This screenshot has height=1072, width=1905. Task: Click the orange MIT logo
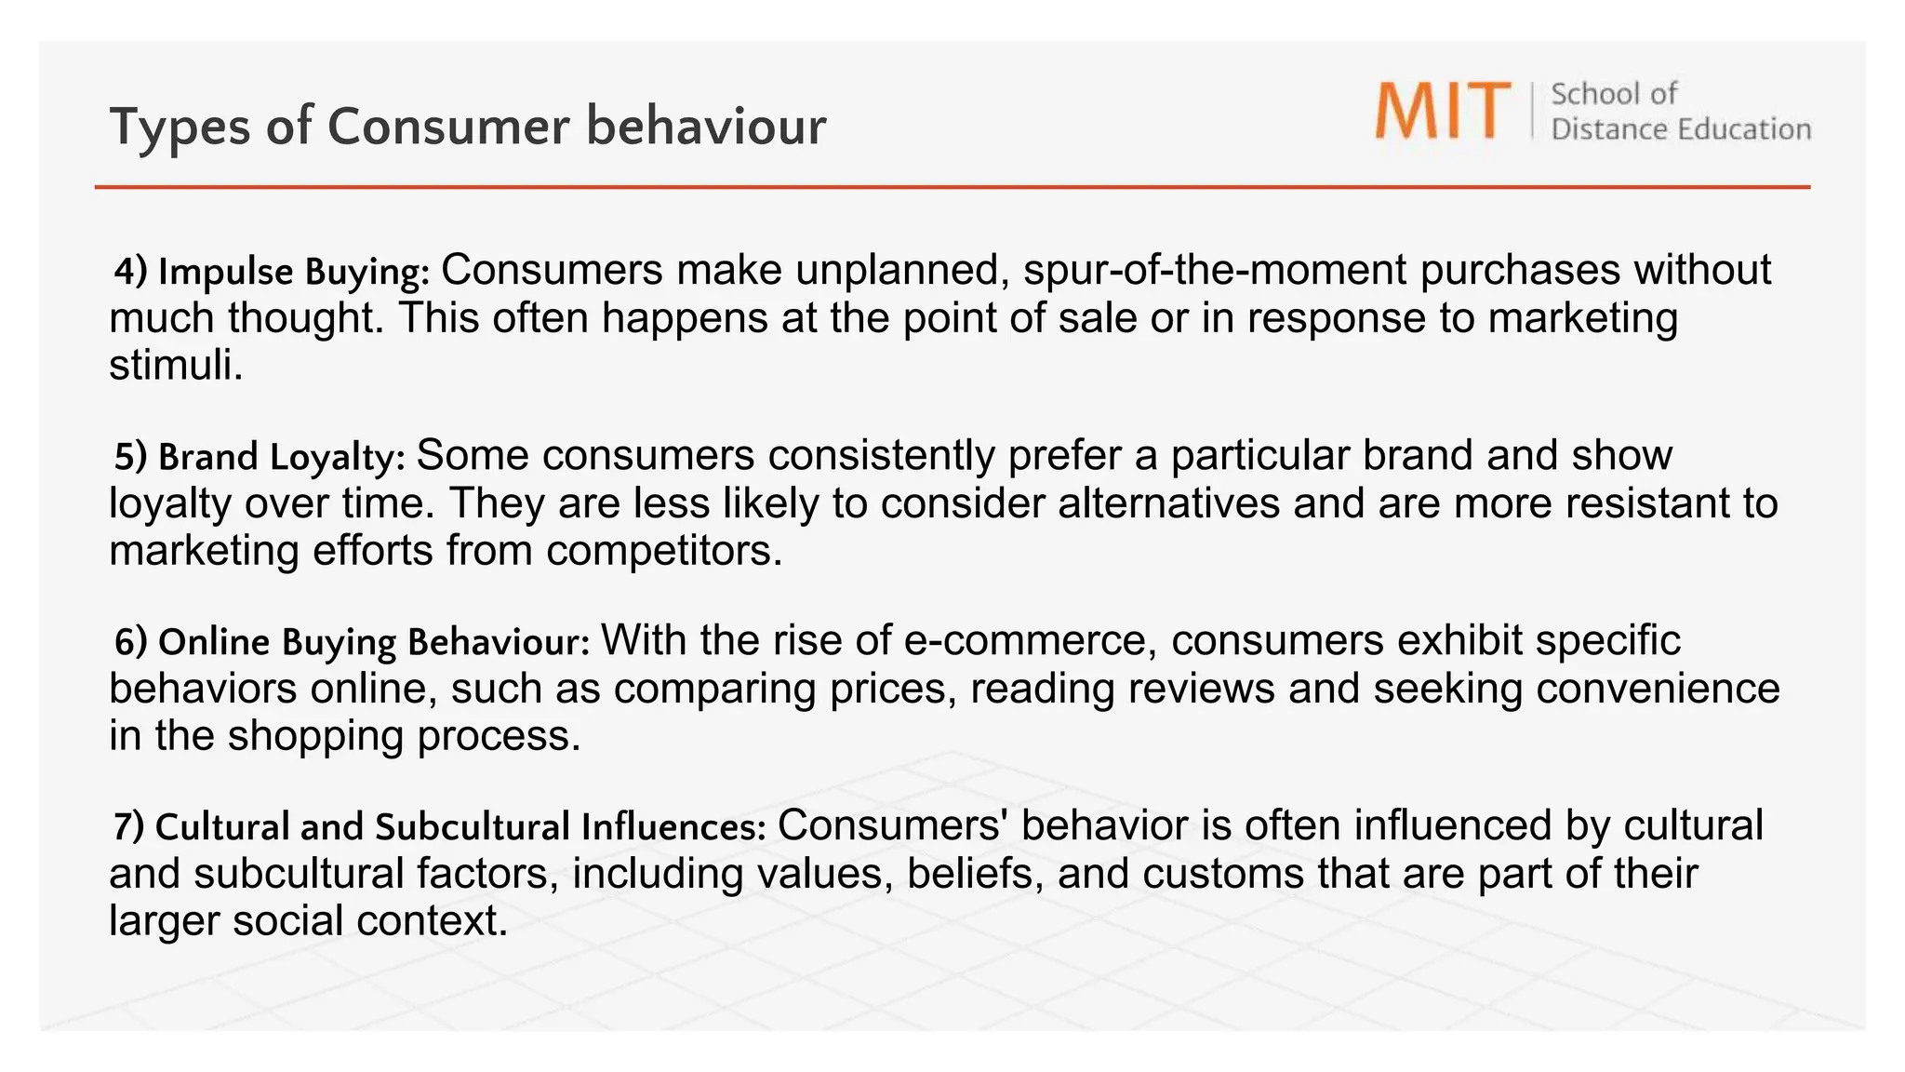tap(1442, 111)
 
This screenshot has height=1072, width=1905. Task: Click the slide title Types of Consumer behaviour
tap(467, 127)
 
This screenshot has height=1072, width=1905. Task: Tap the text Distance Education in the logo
tap(1680, 129)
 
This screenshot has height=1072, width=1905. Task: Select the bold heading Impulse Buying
tap(272, 272)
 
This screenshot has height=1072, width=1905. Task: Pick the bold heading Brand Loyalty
tap(260, 457)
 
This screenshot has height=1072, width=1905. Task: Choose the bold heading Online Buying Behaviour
tap(353, 642)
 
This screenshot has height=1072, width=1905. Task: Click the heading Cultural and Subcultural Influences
tap(440, 827)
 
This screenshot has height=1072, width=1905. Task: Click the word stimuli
tap(175, 365)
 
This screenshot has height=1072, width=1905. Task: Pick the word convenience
tap(1658, 689)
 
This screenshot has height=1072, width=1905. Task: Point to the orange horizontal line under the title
tap(952, 187)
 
